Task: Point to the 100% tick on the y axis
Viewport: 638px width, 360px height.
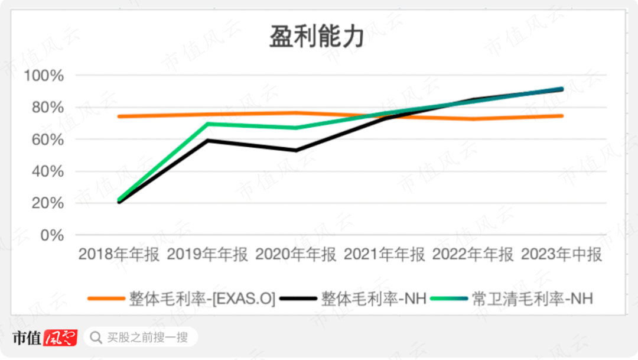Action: pyautogui.click(x=44, y=76)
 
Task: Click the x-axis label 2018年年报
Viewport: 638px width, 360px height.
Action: pyautogui.click(x=119, y=255)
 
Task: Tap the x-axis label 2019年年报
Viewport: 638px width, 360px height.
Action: pyautogui.click(x=207, y=255)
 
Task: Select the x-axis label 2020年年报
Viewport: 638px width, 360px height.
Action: pyautogui.click(x=296, y=255)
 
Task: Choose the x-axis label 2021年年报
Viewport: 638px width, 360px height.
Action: pyautogui.click(x=385, y=255)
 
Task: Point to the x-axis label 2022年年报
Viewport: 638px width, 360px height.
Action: pyautogui.click(x=473, y=255)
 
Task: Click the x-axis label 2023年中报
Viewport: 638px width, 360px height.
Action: pyautogui.click(x=562, y=255)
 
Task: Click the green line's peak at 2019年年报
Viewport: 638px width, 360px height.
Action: pyautogui.click(x=207, y=124)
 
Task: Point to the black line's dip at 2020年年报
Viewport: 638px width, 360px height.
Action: pyautogui.click(x=296, y=150)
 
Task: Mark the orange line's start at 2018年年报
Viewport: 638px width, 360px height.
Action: pyautogui.click(x=119, y=116)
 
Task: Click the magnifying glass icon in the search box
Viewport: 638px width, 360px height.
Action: pyautogui.click(x=95, y=338)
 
